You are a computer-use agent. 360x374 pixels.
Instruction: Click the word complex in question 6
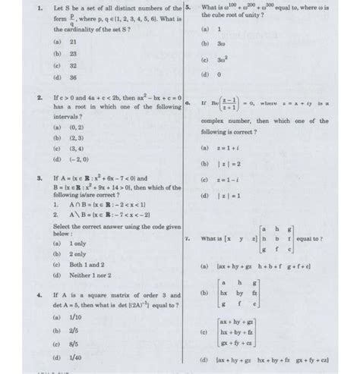[218, 120]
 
